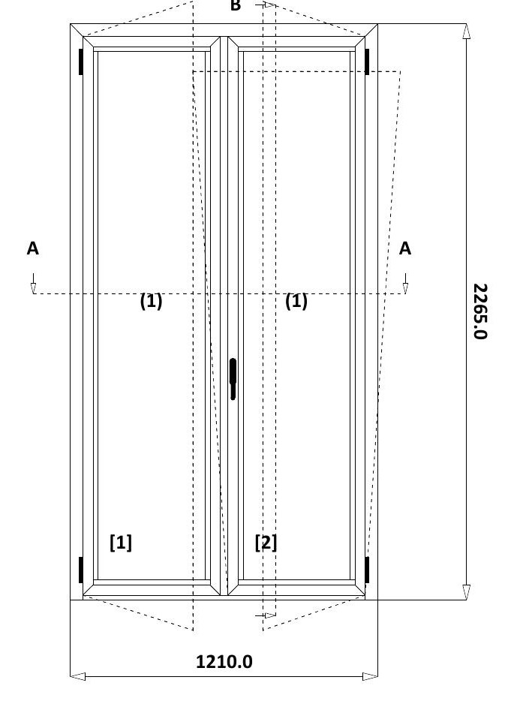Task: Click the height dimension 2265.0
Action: click(x=480, y=311)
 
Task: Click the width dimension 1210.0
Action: click(x=224, y=662)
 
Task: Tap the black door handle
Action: click(x=233, y=379)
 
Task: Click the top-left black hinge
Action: click(x=80, y=62)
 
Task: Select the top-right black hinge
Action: click(x=367, y=62)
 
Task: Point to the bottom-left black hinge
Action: click(x=80, y=570)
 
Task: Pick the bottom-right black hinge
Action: click(x=367, y=570)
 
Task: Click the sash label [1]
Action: click(x=121, y=543)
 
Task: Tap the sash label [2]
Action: click(x=266, y=543)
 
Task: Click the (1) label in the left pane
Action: click(x=152, y=301)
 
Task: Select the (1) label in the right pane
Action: click(x=296, y=301)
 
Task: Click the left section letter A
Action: click(x=32, y=248)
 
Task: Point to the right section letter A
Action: click(x=405, y=248)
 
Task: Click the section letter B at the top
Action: click(x=236, y=5)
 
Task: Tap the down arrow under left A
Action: click(x=33, y=284)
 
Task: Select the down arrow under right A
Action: click(x=405, y=284)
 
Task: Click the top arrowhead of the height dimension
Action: click(x=467, y=32)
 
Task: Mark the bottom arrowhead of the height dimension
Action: click(x=467, y=592)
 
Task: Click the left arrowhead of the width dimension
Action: click(x=78, y=676)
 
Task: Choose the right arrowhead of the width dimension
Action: click(x=370, y=676)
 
